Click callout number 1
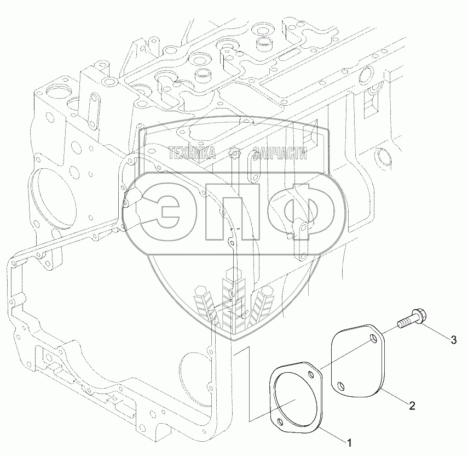click(348, 442)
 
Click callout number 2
click(412, 406)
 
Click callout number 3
click(453, 339)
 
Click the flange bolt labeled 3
click(412, 318)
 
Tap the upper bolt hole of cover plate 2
click(373, 338)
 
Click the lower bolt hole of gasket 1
click(280, 421)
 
